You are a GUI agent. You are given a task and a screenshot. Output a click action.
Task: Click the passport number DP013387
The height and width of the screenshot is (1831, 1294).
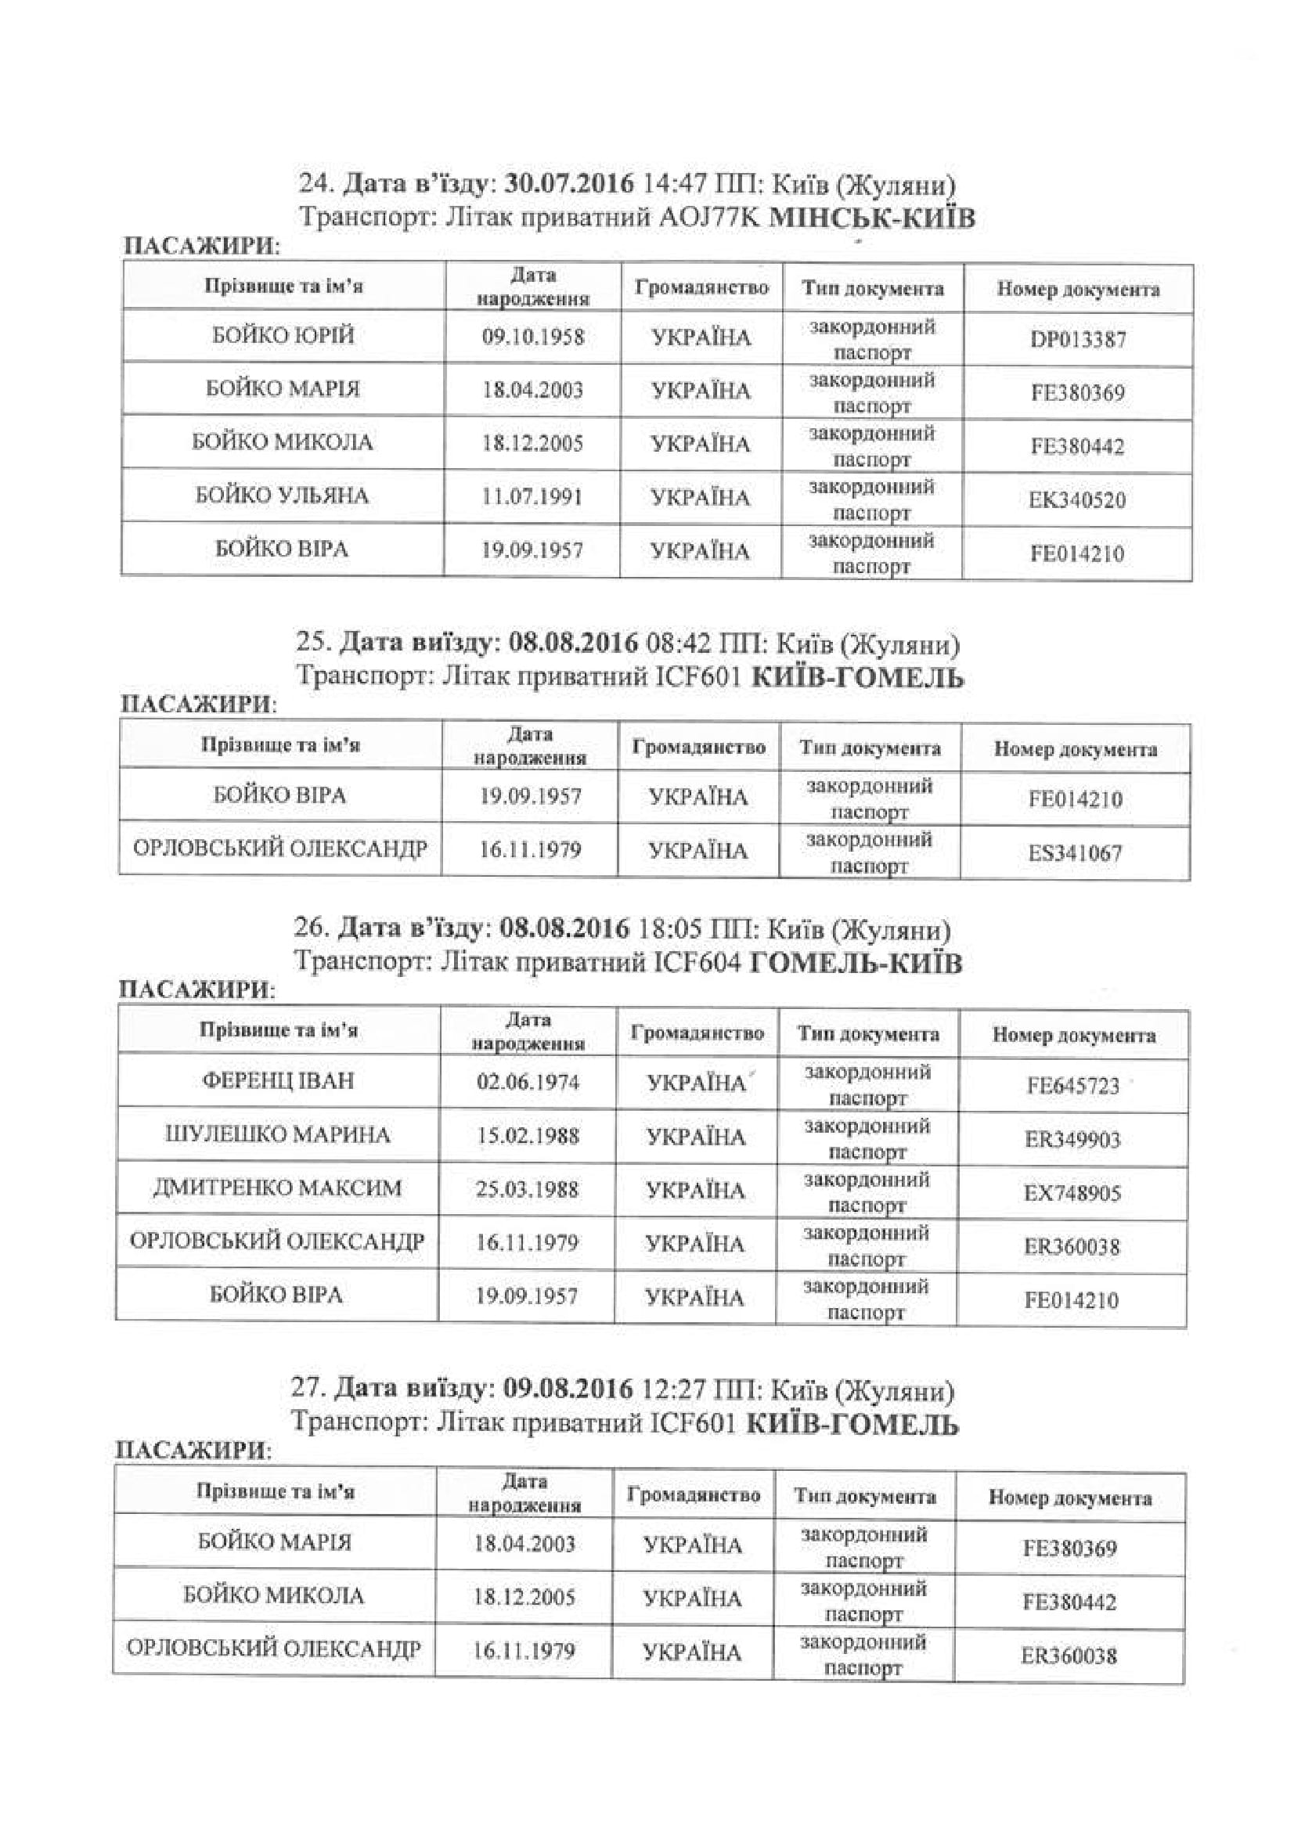click(1078, 339)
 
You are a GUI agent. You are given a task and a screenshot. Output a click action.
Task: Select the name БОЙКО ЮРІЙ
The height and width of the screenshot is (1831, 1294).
click(283, 336)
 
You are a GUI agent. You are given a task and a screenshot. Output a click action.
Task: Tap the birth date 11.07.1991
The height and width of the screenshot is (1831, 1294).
click(532, 498)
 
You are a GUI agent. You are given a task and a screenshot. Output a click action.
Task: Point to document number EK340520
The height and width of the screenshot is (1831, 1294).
click(1078, 500)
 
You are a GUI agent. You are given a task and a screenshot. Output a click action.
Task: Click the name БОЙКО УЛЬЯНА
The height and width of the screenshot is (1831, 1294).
click(283, 496)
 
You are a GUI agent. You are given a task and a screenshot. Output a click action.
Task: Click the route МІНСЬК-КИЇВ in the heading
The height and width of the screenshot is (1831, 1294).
click(871, 218)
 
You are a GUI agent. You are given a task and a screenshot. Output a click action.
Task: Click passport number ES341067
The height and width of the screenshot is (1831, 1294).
click(1076, 853)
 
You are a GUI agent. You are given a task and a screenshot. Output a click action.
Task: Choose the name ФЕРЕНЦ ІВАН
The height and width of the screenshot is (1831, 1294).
click(278, 1081)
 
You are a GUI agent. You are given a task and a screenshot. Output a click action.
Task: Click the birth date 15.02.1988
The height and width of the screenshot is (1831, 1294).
click(528, 1136)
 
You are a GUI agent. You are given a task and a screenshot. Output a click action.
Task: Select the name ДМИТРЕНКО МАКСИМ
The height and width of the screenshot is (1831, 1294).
click(277, 1188)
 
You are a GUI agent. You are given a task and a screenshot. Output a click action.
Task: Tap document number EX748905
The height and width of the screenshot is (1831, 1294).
click(1073, 1193)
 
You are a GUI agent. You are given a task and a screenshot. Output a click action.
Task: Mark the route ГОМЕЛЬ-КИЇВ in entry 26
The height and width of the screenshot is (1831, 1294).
click(856, 964)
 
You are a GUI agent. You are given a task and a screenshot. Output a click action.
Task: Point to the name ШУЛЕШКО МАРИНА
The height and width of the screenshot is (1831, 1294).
click(277, 1135)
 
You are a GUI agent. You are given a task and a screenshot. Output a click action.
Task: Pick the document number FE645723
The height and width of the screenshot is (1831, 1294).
click(1073, 1085)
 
